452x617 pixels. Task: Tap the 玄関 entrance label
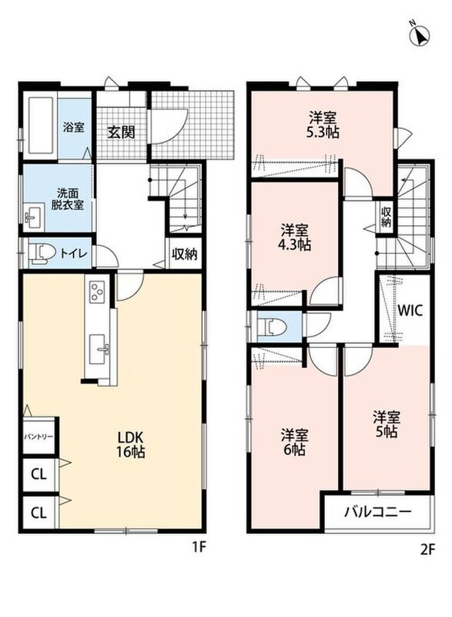122,132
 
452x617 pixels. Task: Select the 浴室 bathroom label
73,127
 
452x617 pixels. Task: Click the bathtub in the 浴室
41,126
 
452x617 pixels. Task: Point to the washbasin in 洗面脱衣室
33,219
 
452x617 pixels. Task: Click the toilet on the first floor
42,252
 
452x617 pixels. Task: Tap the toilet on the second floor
272,326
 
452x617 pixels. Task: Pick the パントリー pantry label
39,437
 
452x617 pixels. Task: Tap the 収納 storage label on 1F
184,255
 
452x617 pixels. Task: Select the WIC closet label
410,311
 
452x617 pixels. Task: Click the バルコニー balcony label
378,511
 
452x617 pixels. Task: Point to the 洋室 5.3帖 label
323,125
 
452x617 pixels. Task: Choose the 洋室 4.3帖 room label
294,238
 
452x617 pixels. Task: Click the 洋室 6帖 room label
294,442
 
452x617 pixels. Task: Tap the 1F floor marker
199,547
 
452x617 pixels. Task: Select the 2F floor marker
427,549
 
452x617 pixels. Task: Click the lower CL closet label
39,513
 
